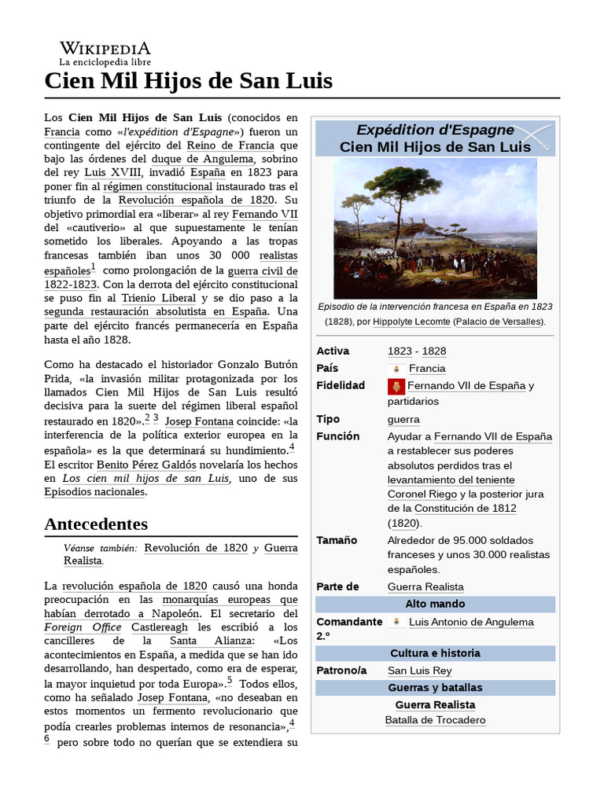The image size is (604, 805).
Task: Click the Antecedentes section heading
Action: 96,524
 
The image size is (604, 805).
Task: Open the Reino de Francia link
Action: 230,145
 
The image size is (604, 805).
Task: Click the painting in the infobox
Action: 435,228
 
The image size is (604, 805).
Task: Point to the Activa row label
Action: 333,351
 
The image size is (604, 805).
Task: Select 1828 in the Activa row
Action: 433,351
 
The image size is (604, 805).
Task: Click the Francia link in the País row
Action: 427,368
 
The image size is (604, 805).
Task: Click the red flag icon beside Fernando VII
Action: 396,386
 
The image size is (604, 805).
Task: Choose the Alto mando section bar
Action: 435,604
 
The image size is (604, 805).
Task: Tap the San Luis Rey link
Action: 419,671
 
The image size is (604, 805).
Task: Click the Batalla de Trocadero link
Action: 435,720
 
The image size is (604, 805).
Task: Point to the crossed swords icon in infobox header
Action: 536,138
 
